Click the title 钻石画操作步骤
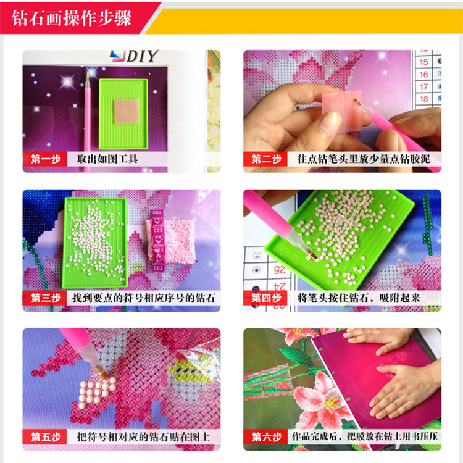pos(73,17)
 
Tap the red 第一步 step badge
pos(45,159)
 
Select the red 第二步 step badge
pos(266,159)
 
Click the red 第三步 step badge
pos(45,298)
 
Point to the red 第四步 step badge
pos(266,298)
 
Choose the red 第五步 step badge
pos(45,437)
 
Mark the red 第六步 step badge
pos(266,437)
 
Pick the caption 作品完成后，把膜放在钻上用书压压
pos(364,437)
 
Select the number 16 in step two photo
pos(423,74)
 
